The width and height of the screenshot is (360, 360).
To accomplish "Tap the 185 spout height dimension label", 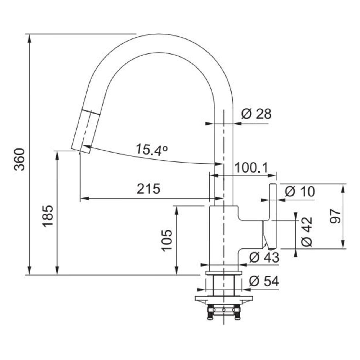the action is point(47,216).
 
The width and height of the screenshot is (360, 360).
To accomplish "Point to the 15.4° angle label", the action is point(151,150).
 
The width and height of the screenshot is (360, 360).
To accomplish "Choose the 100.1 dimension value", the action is point(251,168).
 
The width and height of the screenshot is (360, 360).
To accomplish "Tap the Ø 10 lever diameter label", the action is point(300,191).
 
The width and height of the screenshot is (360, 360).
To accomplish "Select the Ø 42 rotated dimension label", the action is point(307,232).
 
